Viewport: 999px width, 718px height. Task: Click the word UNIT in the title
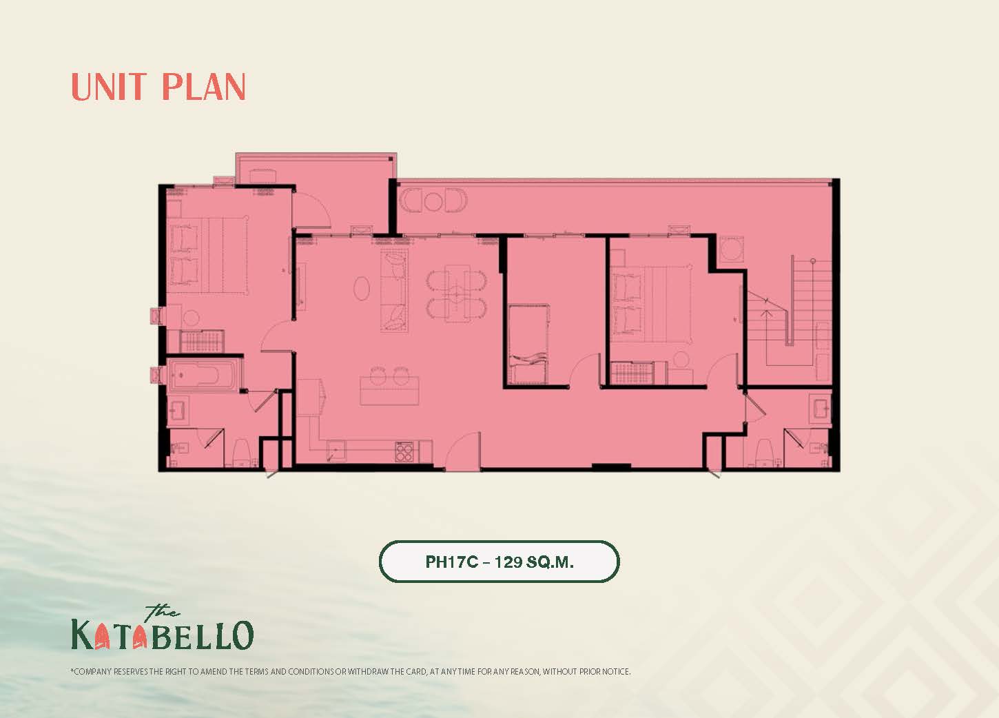click(x=109, y=87)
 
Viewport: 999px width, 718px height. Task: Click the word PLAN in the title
click(x=204, y=87)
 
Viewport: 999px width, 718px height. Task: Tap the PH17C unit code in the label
click(x=452, y=562)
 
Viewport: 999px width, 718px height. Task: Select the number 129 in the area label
click(x=508, y=562)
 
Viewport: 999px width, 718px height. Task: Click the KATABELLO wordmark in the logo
click(x=163, y=635)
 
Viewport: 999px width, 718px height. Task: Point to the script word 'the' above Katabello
click(x=162, y=611)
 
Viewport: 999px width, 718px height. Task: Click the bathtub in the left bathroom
click(x=203, y=375)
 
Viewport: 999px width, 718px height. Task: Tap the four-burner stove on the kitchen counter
click(x=404, y=451)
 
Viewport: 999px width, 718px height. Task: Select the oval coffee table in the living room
click(x=362, y=289)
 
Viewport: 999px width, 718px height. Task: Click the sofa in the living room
click(x=394, y=291)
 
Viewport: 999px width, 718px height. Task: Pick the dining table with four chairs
click(x=457, y=293)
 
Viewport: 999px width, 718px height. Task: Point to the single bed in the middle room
click(x=529, y=344)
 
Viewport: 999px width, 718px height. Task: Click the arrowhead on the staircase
click(x=766, y=314)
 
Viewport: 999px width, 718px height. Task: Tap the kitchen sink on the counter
click(x=336, y=451)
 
